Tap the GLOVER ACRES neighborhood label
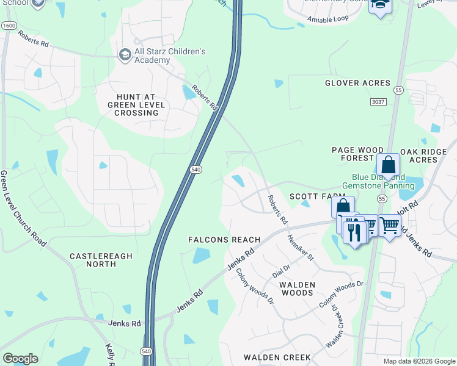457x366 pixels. coord(357,83)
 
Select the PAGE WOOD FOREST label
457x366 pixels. coord(357,154)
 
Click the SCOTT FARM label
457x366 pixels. coord(309,196)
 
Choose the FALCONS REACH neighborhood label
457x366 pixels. coord(225,240)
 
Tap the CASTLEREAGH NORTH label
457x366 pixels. coord(101,260)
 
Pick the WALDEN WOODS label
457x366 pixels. coord(297,289)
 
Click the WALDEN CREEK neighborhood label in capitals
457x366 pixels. coord(277,357)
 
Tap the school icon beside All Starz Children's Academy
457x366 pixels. coord(125,55)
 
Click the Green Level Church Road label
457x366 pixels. coord(23,208)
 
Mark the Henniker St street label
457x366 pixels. coord(300,248)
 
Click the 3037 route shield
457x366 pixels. coord(379,102)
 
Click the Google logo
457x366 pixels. coord(21,359)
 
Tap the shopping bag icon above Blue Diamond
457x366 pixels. coord(388,165)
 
